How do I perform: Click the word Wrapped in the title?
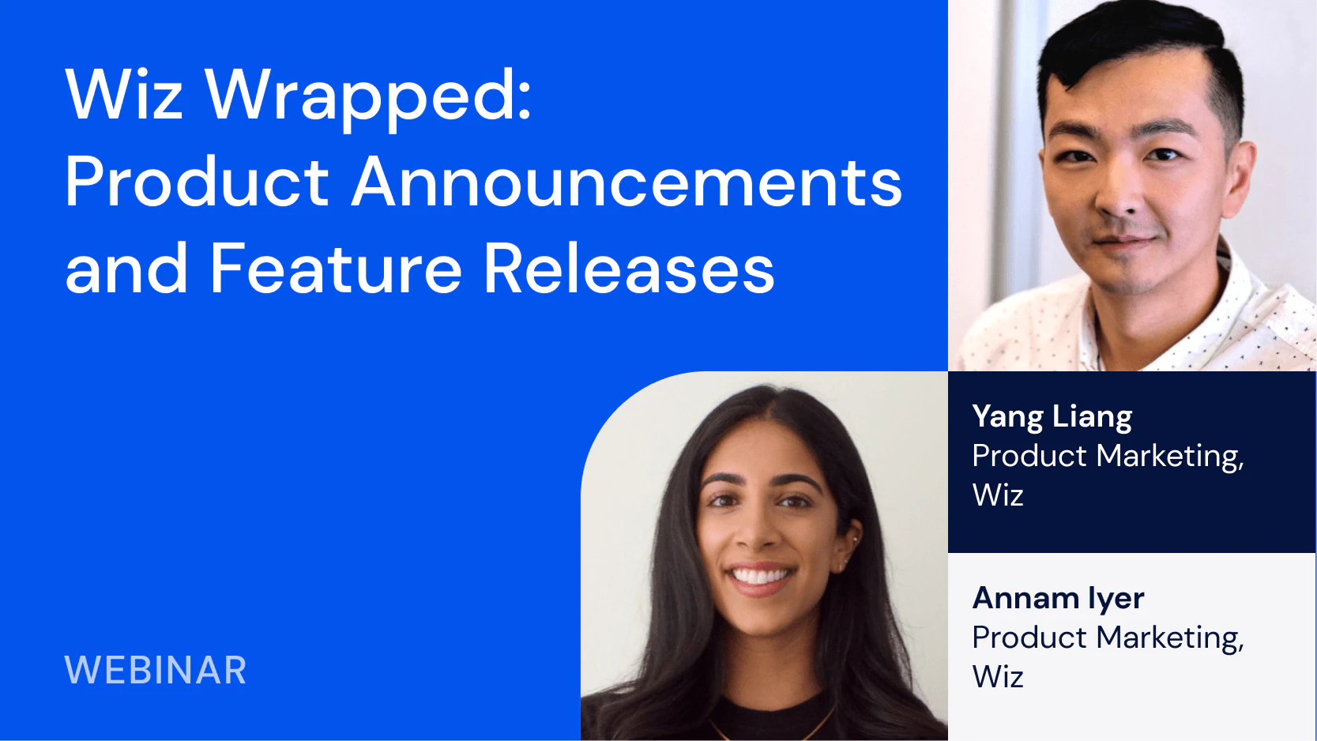click(x=368, y=97)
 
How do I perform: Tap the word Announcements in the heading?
click(x=627, y=182)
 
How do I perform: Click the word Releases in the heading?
click(x=629, y=268)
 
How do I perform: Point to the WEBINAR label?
click(x=155, y=670)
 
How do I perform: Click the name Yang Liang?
click(x=1052, y=418)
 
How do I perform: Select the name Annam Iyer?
click(x=1058, y=599)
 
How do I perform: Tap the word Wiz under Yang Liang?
click(x=998, y=494)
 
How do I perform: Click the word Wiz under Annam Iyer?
click(x=998, y=675)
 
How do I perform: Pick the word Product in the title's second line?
click(x=197, y=182)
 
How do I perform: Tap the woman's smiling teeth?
click(x=760, y=574)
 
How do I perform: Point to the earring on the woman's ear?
click(x=853, y=538)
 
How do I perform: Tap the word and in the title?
click(x=126, y=268)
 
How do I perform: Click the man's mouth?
click(x=1126, y=241)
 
